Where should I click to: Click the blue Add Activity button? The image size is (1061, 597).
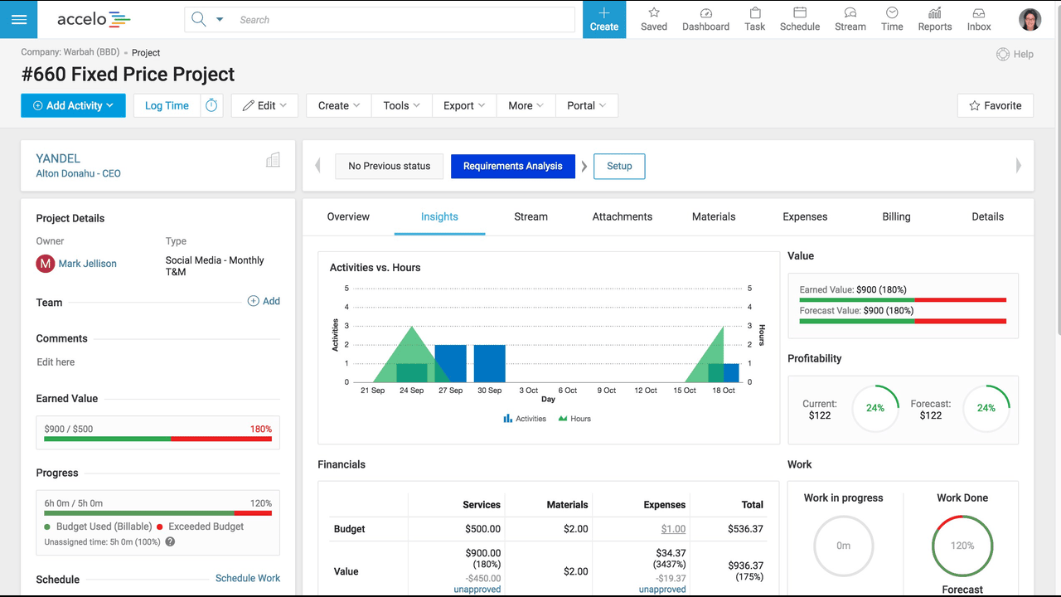pyautogui.click(x=73, y=105)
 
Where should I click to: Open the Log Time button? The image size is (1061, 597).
pyautogui.click(x=167, y=105)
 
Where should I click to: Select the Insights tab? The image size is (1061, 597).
pyautogui.click(x=439, y=217)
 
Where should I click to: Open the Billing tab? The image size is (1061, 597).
pyautogui.click(x=896, y=217)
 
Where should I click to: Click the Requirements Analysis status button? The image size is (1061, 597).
pyautogui.click(x=513, y=167)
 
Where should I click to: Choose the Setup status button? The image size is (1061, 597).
pyautogui.click(x=619, y=167)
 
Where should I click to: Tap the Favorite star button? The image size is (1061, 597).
pyautogui.click(x=996, y=105)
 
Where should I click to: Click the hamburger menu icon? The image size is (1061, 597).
pyautogui.click(x=19, y=19)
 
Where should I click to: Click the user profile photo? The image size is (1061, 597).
pyautogui.click(x=1030, y=19)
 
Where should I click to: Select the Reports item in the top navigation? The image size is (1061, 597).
pyautogui.click(x=934, y=19)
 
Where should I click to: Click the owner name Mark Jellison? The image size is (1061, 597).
pyautogui.click(x=88, y=264)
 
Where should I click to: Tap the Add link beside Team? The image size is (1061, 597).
pyautogui.click(x=264, y=301)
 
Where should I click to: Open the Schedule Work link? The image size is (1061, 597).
pyautogui.click(x=248, y=578)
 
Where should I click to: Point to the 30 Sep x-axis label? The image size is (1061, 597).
pyautogui.click(x=489, y=391)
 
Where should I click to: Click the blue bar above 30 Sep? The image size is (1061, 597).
pyautogui.click(x=490, y=363)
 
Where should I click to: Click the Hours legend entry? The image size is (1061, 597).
pyautogui.click(x=574, y=419)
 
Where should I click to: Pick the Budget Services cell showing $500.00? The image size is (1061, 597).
pyautogui.click(x=482, y=529)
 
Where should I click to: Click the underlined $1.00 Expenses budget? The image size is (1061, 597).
pyautogui.click(x=673, y=529)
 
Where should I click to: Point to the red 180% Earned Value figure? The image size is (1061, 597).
pyautogui.click(x=261, y=430)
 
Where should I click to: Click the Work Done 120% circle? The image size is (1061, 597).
pyautogui.click(x=962, y=516)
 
